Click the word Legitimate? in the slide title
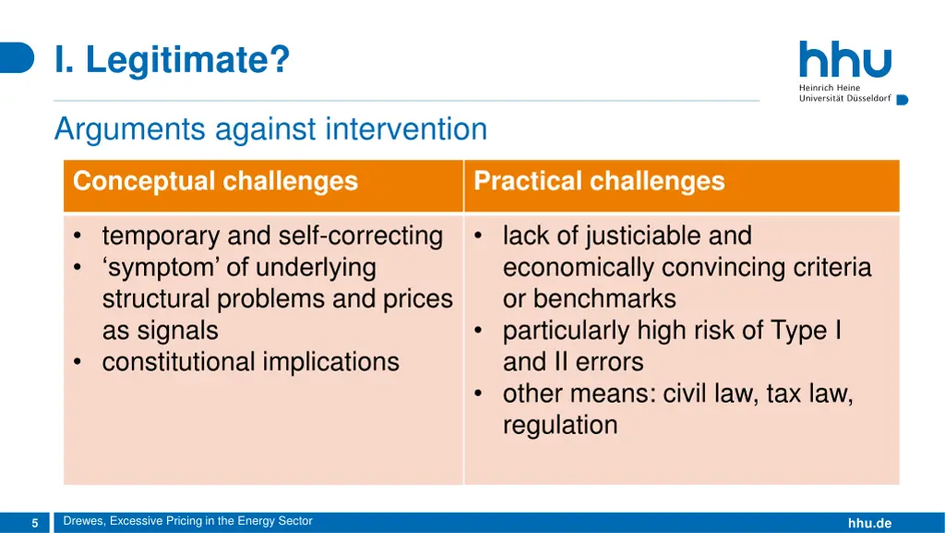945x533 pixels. click(188, 60)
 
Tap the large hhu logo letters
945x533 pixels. click(845, 59)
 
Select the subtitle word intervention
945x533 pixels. click(406, 128)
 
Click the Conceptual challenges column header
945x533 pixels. click(216, 181)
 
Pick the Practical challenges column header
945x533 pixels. click(599, 181)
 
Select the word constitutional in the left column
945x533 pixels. click(178, 362)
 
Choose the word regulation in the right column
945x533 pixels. click(560, 426)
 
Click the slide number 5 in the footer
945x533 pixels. click(35, 523)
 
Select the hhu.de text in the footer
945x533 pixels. click(869, 523)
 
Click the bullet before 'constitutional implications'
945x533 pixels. click(78, 362)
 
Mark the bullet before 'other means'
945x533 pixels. click(478, 394)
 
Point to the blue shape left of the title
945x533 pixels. click(17, 58)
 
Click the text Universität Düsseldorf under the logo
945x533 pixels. click(845, 98)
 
